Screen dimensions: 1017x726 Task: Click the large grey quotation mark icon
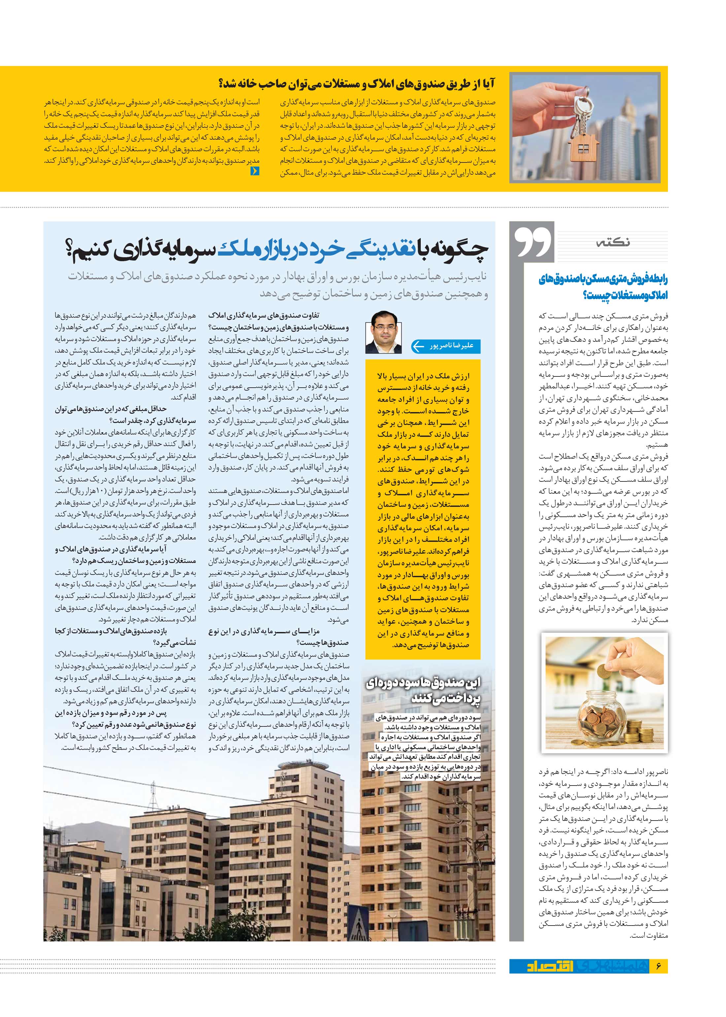pyautogui.click(x=533, y=242)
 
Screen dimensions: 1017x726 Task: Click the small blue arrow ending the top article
pyautogui.click(x=255, y=170)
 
